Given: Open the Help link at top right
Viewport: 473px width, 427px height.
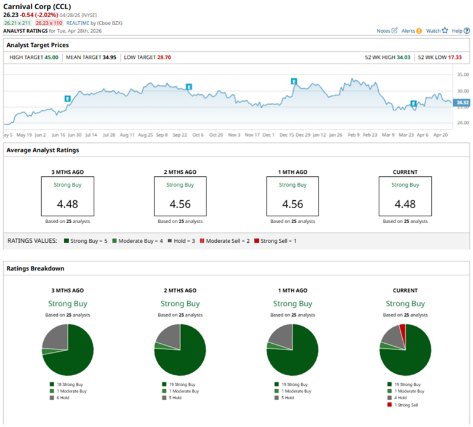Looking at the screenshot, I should (x=457, y=30).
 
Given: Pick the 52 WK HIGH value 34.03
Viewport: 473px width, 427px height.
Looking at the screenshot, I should (x=401, y=57).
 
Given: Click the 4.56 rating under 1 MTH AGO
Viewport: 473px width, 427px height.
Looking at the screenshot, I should (x=293, y=204).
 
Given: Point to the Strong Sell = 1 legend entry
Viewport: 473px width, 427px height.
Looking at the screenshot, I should (x=277, y=240).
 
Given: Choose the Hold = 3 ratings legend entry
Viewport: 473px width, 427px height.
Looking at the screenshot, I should (x=185, y=240).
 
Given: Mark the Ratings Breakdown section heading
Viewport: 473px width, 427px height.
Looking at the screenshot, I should (x=35, y=269).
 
